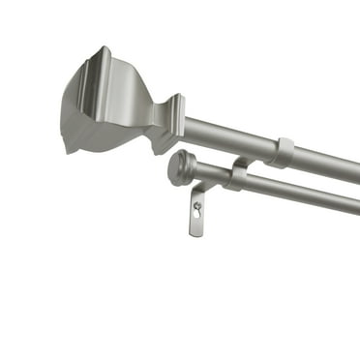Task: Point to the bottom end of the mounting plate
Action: click(x=196, y=233)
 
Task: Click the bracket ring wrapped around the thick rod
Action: click(x=282, y=152)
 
